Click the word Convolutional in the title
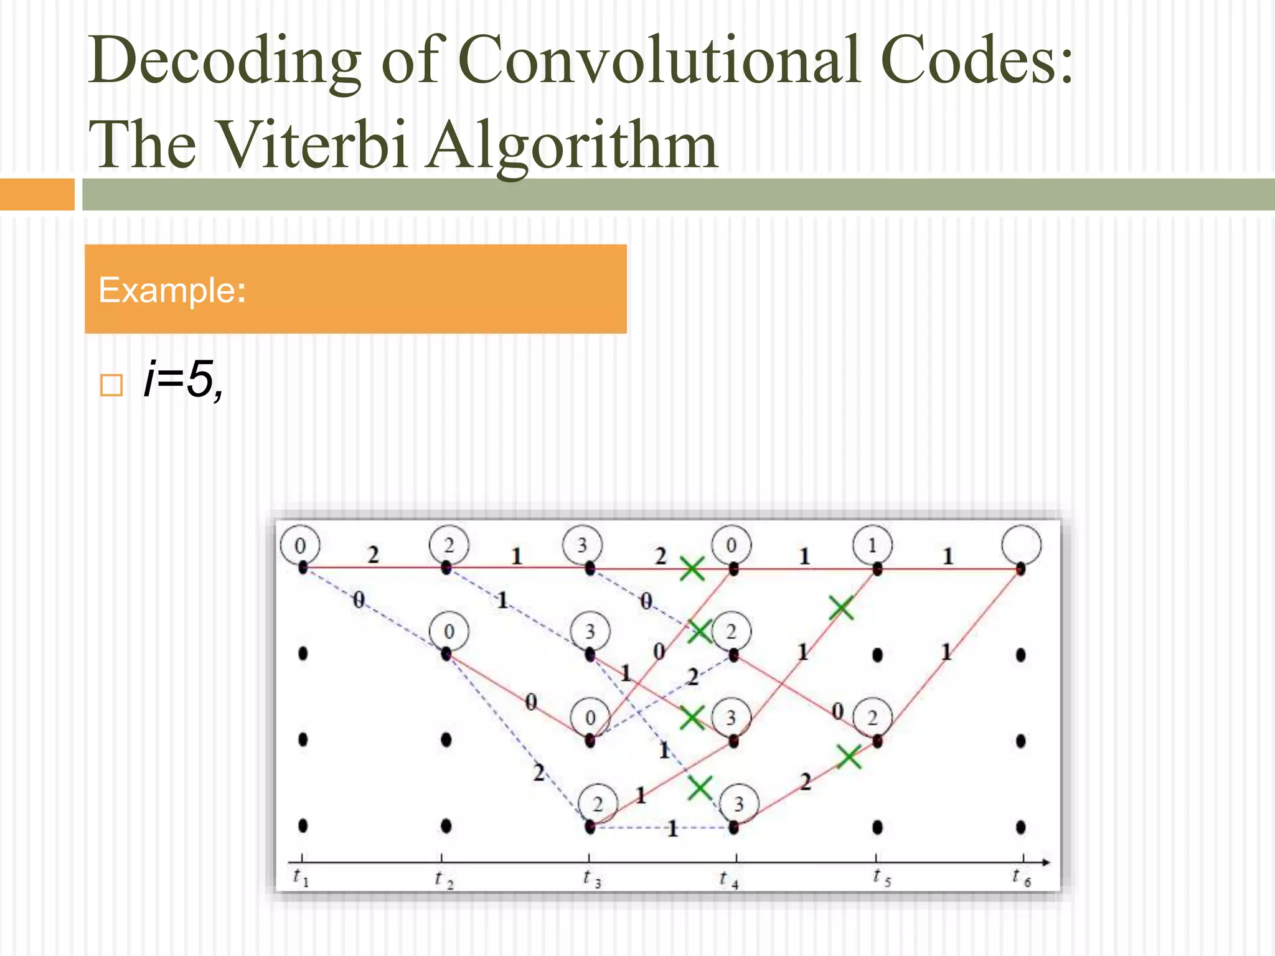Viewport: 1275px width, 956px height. click(x=659, y=60)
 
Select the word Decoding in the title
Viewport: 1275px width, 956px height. click(x=224, y=60)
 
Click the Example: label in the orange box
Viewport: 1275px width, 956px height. click(x=172, y=290)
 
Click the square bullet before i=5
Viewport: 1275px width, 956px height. click(x=111, y=385)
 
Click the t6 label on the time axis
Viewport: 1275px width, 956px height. click(x=1022, y=878)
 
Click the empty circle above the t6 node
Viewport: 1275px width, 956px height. click(x=1021, y=545)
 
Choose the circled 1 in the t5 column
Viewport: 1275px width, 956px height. click(x=872, y=545)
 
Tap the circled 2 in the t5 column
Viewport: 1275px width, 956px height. click(x=872, y=718)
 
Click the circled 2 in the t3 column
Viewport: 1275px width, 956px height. click(x=598, y=804)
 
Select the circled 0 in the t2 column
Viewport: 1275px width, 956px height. click(x=449, y=632)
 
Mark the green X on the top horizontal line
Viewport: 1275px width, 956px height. click(x=692, y=568)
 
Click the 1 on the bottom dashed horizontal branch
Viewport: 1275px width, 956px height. click(x=672, y=829)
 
